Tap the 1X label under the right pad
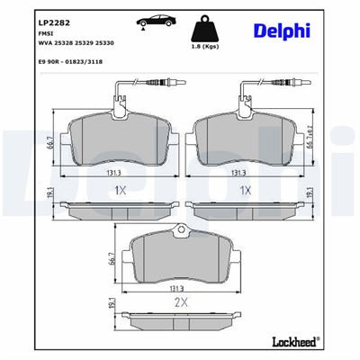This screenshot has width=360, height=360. tap(244, 192)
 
